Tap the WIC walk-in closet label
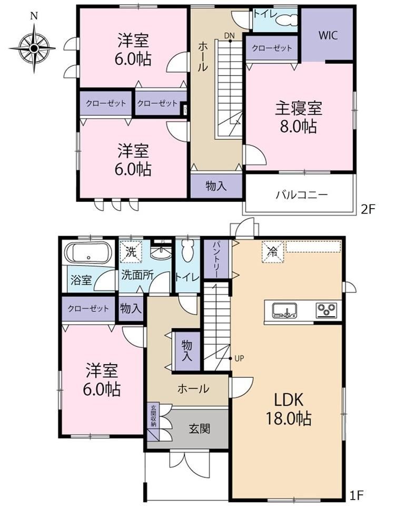(x=328, y=35)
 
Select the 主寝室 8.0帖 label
(x=299, y=118)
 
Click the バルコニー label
(x=302, y=194)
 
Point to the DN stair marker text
(x=230, y=36)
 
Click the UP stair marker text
(x=239, y=358)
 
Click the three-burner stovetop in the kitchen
(x=326, y=310)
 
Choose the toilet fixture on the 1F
(x=188, y=251)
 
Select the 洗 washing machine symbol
(x=131, y=251)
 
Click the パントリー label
(x=215, y=259)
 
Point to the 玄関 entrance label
(x=199, y=428)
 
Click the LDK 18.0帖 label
(x=289, y=409)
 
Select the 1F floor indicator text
(x=357, y=495)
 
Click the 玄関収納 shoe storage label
(x=153, y=416)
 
